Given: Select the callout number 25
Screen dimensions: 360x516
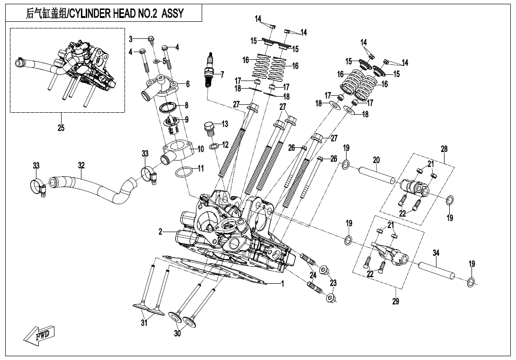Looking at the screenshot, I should point(61,128).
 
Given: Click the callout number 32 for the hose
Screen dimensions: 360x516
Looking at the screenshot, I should point(81,165).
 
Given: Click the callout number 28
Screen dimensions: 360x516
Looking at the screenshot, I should point(444,149).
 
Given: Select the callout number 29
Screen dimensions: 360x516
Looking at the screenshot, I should point(396,301).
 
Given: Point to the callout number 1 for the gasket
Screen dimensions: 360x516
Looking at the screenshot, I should point(283,284).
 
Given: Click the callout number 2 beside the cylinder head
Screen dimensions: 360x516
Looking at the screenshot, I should point(161,232).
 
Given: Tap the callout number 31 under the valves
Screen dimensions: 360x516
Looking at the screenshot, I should point(144,323).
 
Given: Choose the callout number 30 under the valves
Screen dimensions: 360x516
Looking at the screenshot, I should point(178,333).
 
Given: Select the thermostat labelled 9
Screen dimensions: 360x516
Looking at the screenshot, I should point(171,124).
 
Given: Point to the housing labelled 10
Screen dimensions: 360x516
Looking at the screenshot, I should point(178,151).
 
